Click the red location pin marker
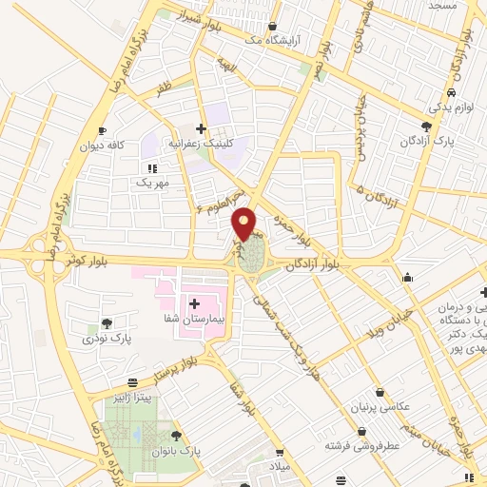(x=244, y=223)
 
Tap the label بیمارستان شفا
(x=193, y=321)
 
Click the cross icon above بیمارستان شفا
(x=193, y=303)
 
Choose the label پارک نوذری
(x=106, y=338)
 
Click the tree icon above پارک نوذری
(x=106, y=322)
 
